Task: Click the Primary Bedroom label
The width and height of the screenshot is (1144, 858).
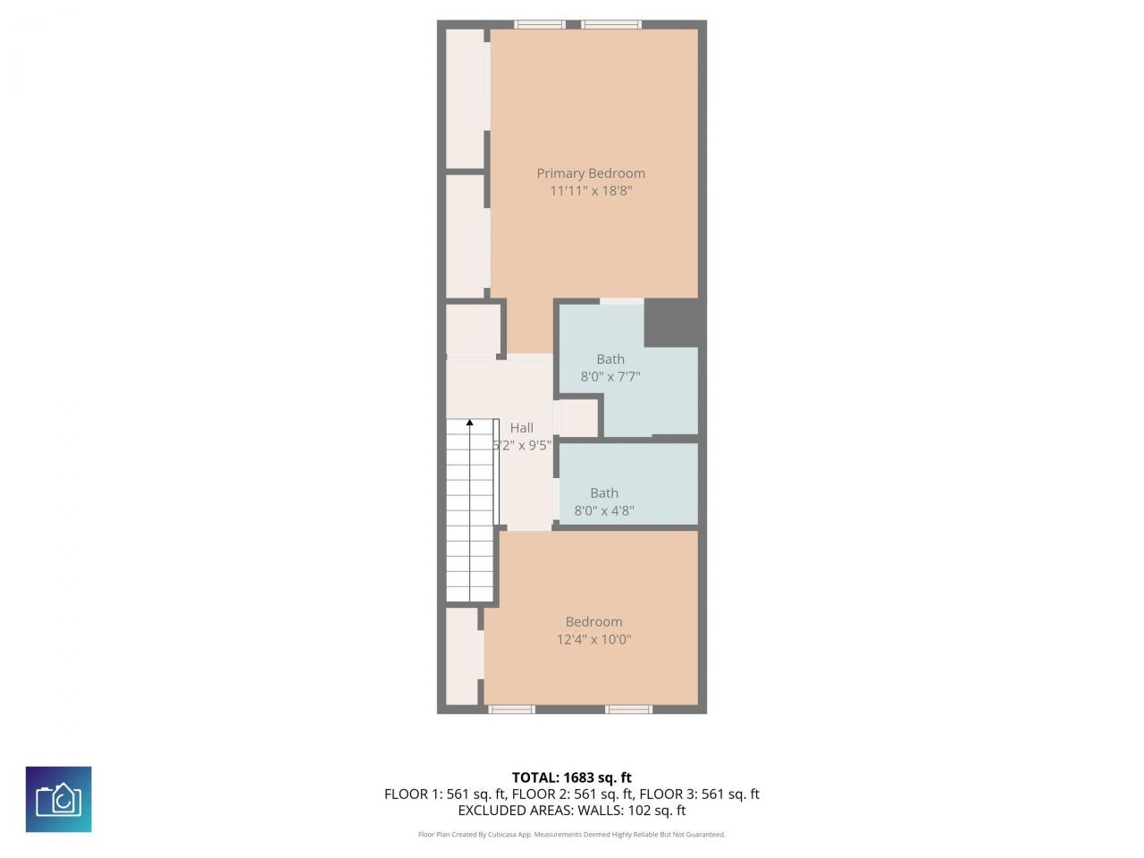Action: pyautogui.click(x=591, y=173)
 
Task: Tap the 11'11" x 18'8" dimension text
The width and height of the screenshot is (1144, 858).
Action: pyautogui.click(x=591, y=191)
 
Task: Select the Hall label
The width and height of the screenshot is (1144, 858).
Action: pyautogui.click(x=522, y=428)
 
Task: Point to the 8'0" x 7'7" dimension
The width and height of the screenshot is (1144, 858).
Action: pyautogui.click(x=610, y=377)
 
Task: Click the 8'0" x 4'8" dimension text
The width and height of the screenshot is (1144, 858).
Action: pyautogui.click(x=604, y=511)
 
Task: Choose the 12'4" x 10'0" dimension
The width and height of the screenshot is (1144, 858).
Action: pyautogui.click(x=594, y=640)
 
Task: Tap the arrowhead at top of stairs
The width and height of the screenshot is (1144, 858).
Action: pyautogui.click(x=470, y=422)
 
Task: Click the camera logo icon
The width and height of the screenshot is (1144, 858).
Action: pyautogui.click(x=58, y=799)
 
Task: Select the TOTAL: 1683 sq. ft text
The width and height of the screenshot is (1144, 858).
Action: pyautogui.click(x=571, y=778)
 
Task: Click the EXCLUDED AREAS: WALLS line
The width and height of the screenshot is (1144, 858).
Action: pyautogui.click(x=571, y=811)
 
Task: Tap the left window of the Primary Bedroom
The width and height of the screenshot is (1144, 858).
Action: pyautogui.click(x=540, y=24)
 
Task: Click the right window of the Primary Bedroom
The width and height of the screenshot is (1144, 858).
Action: pyautogui.click(x=611, y=24)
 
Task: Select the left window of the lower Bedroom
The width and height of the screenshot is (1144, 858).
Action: pyautogui.click(x=511, y=710)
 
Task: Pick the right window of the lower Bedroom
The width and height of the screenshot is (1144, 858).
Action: pyautogui.click(x=628, y=710)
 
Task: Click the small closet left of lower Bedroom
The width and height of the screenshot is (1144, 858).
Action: pyautogui.click(x=461, y=656)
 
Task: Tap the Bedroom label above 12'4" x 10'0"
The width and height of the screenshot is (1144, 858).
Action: pyautogui.click(x=594, y=622)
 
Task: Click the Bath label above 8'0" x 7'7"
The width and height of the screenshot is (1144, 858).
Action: pyautogui.click(x=610, y=359)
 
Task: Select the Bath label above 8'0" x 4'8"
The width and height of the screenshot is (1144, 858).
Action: pyautogui.click(x=604, y=493)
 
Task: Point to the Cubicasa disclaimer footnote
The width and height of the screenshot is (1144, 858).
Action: pyautogui.click(x=571, y=835)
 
